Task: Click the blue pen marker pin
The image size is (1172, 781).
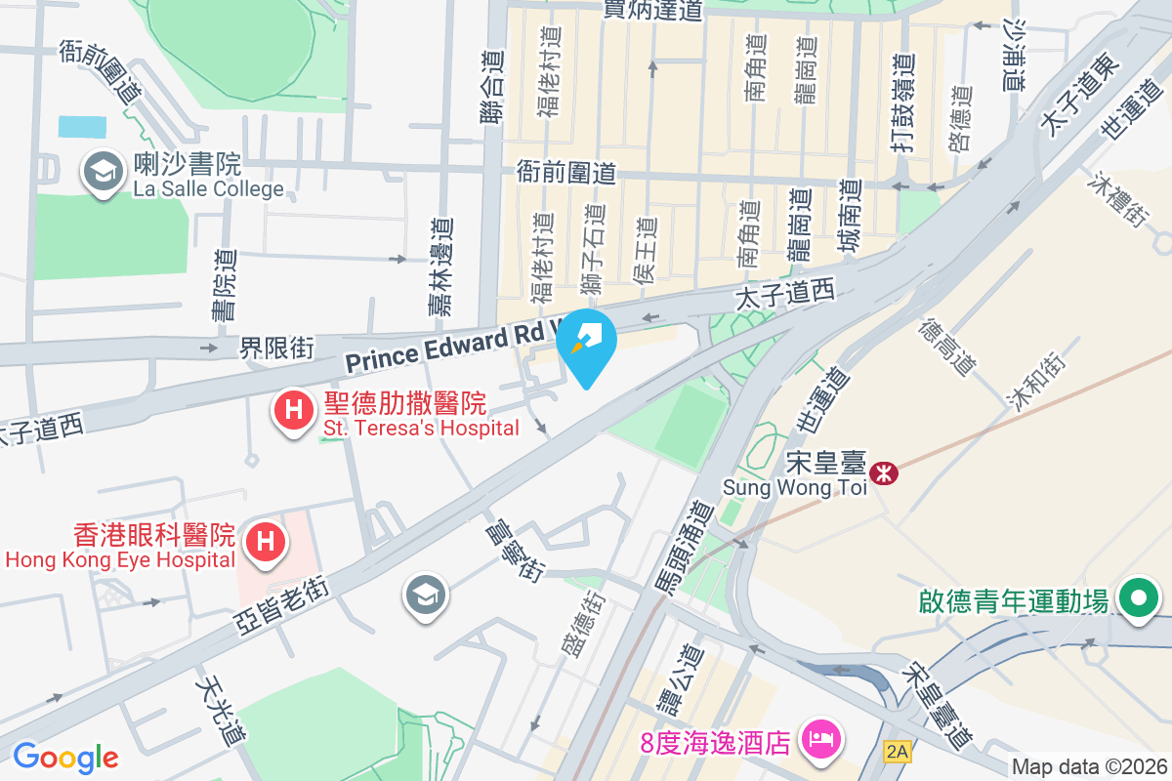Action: coord(586,342)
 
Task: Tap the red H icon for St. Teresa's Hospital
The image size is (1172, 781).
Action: coord(292,412)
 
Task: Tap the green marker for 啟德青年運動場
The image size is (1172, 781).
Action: coord(1137,598)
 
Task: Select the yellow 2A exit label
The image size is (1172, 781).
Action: coord(897,751)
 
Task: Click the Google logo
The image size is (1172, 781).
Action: coord(65,757)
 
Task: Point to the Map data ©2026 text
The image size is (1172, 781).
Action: coord(1089,766)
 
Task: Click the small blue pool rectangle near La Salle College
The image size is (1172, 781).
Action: coord(82,127)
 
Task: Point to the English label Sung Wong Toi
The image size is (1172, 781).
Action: coord(794,487)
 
